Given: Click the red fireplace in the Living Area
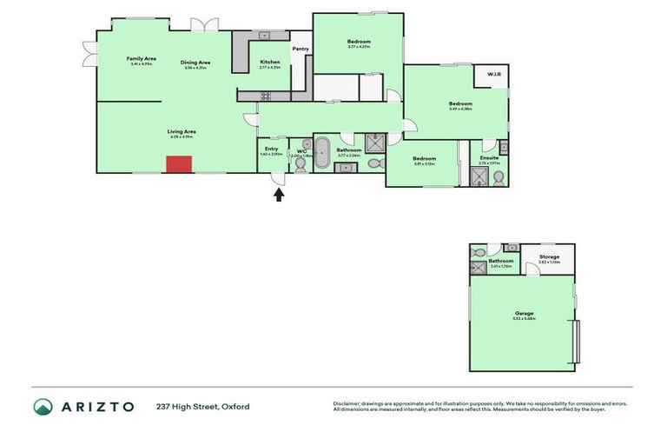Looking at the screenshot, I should click(x=179, y=164).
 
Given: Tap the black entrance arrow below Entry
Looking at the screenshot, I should click(x=279, y=195).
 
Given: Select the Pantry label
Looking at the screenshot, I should click(x=300, y=49).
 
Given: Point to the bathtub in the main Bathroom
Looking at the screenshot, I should click(x=322, y=151).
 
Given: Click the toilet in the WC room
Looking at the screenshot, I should click(x=300, y=163).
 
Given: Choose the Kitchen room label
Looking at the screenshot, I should click(x=270, y=62).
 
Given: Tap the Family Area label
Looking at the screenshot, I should click(x=141, y=58).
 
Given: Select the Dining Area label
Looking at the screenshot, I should click(x=195, y=62).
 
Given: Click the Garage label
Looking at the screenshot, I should click(x=524, y=313).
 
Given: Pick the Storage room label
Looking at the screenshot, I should click(x=549, y=256).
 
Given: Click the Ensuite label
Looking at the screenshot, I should click(x=489, y=157).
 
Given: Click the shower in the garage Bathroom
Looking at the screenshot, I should click(x=479, y=268).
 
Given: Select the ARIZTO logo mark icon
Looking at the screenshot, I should click(x=43, y=407).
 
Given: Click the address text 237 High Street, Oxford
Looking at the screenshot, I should click(x=202, y=407).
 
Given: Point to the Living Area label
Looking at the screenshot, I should click(x=182, y=131).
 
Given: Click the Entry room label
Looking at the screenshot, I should click(x=271, y=149).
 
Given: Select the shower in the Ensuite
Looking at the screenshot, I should click(x=479, y=177).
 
